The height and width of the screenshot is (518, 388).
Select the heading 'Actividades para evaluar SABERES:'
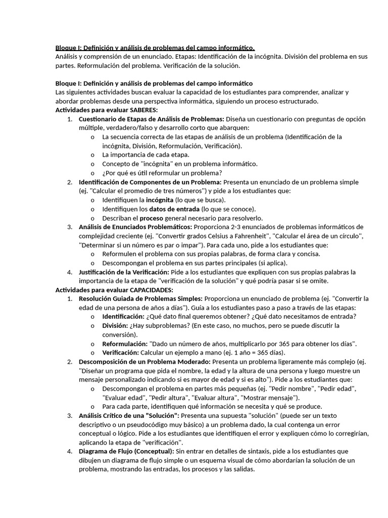point(107,110)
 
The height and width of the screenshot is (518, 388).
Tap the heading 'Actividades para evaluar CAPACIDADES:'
point(114,290)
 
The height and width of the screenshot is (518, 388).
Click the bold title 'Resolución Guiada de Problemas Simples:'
point(140,299)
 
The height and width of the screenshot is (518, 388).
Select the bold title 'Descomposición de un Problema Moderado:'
point(144,362)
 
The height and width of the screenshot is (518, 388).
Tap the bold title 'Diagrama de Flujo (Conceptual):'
point(126,451)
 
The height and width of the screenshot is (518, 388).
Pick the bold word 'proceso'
point(159,218)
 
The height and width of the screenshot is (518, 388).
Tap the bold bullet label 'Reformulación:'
point(125,344)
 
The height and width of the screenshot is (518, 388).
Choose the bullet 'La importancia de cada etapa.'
point(146,155)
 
